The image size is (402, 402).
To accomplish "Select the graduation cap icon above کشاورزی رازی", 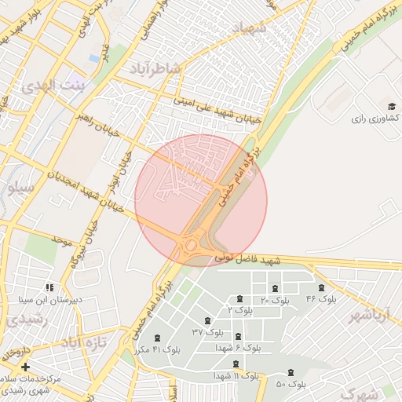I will [x=391, y=106].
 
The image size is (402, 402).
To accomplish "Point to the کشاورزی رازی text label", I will [x=375, y=118].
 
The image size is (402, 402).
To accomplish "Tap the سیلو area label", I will [x=20, y=188].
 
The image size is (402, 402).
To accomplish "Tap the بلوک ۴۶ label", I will [x=321, y=299].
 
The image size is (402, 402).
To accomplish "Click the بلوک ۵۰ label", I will [x=291, y=384].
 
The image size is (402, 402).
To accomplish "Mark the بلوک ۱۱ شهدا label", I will [x=236, y=376].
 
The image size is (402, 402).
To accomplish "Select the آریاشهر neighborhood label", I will [x=367, y=316].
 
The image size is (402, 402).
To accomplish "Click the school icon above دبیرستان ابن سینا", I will [x=51, y=288].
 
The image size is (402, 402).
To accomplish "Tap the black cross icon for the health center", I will [x=26, y=367].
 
